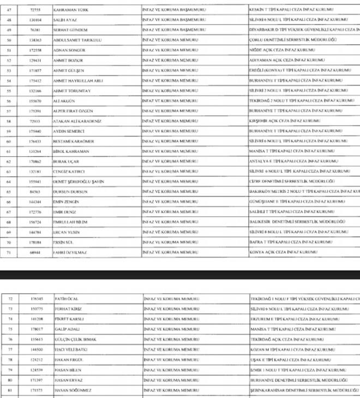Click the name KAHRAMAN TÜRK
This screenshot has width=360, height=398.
tap(71, 10)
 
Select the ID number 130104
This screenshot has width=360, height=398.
tap(36, 20)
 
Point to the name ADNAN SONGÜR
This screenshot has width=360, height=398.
tap(69, 50)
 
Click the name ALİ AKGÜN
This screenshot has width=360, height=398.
tap(64, 100)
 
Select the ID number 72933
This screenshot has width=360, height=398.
tap(36, 121)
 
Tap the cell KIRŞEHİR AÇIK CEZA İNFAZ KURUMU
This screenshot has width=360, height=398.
tap(284, 121)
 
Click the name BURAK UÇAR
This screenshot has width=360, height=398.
tap(67, 162)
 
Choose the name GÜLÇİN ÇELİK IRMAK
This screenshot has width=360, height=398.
tap(75, 340)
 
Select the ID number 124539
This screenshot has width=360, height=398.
tap(36, 370)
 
